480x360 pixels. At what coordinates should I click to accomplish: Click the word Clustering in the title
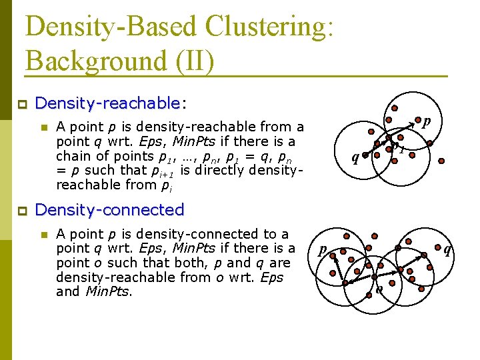pyautogui.click(x=269, y=27)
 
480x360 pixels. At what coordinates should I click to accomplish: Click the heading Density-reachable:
pyautogui.click(x=110, y=103)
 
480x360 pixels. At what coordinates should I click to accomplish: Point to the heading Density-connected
pyautogui.click(x=109, y=209)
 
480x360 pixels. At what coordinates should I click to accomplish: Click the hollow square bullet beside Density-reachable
pyautogui.click(x=21, y=104)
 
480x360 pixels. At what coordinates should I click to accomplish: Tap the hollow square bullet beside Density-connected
pyautogui.click(x=21, y=210)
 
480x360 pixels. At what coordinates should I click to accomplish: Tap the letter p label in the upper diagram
pyautogui.click(x=427, y=121)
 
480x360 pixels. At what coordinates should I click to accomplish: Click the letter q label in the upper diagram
pyautogui.click(x=355, y=158)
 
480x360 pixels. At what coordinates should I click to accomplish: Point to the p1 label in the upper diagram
pyautogui.click(x=399, y=147)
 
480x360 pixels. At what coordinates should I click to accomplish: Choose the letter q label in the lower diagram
pyautogui.click(x=447, y=250)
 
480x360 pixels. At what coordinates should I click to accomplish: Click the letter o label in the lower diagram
pyautogui.click(x=379, y=289)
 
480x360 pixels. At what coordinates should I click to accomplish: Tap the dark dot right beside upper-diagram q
pyautogui.click(x=365, y=153)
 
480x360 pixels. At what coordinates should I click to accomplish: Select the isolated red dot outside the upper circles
pyautogui.click(x=442, y=160)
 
